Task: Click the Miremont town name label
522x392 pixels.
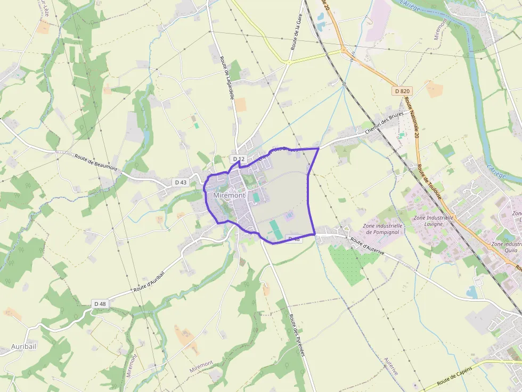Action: [x=230, y=195]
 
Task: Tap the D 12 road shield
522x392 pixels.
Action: [x=238, y=159]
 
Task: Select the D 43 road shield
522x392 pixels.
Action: [x=181, y=182]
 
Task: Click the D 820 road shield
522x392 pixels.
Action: [x=403, y=91]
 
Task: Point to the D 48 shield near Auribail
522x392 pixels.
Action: [x=100, y=304]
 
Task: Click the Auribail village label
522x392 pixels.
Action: [x=24, y=346]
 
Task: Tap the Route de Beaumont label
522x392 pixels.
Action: [x=96, y=162]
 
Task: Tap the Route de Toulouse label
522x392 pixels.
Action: [x=429, y=181]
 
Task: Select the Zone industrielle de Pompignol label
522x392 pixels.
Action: [x=382, y=229]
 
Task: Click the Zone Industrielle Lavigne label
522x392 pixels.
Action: [x=433, y=221]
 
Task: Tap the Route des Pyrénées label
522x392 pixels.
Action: [x=296, y=335]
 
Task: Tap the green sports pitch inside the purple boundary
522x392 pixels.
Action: [x=275, y=229]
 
